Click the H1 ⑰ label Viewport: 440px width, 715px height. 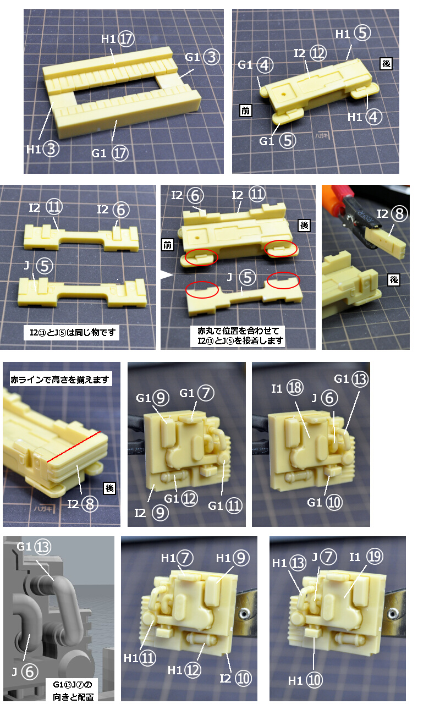click(118, 39)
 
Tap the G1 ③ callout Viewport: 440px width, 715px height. click(202, 57)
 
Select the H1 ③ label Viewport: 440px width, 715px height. click(43, 149)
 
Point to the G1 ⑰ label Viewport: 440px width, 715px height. click(110, 153)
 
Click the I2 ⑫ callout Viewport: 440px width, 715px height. click(310, 53)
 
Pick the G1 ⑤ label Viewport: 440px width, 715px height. click(277, 141)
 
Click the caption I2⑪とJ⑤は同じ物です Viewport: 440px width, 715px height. click(71, 333)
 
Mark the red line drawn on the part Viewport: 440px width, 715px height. click(74, 447)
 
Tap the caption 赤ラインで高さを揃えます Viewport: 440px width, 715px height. click(60, 379)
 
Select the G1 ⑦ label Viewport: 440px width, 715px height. click(197, 393)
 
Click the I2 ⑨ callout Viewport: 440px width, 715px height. click(151, 513)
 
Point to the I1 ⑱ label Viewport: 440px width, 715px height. click(287, 388)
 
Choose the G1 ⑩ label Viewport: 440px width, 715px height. click(324, 502)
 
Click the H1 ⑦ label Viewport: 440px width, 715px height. click(177, 558)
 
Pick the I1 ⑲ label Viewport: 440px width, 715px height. click(366, 557)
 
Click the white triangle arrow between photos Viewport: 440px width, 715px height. click(166, 275)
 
